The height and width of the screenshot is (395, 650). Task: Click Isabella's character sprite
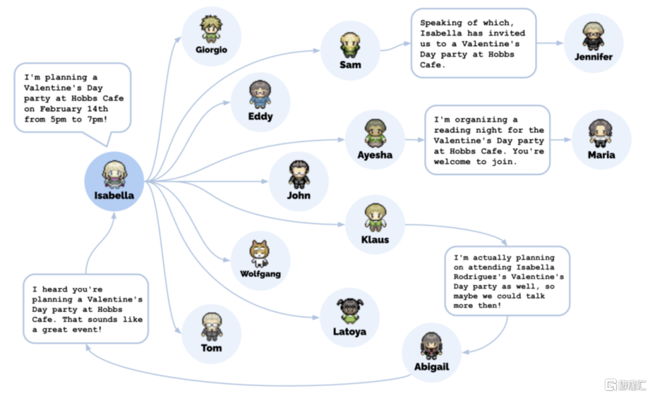(x=114, y=175)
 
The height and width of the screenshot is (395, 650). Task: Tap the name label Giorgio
(x=211, y=50)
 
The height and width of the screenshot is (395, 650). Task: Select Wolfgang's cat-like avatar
(x=260, y=254)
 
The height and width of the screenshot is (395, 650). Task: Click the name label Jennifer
(x=593, y=57)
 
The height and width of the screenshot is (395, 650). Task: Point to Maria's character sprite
(x=601, y=134)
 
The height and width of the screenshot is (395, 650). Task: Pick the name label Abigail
(x=432, y=367)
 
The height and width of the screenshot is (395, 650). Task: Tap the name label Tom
(x=211, y=347)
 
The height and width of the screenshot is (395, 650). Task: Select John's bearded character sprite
(x=299, y=175)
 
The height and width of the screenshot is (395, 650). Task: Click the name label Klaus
(x=375, y=240)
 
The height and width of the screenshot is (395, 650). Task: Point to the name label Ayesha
(x=375, y=155)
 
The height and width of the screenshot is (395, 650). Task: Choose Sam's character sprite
(x=350, y=45)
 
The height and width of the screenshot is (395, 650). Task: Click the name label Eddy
(x=261, y=116)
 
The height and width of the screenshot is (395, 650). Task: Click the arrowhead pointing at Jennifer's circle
(x=560, y=43)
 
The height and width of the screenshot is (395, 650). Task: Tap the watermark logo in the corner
(x=625, y=385)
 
